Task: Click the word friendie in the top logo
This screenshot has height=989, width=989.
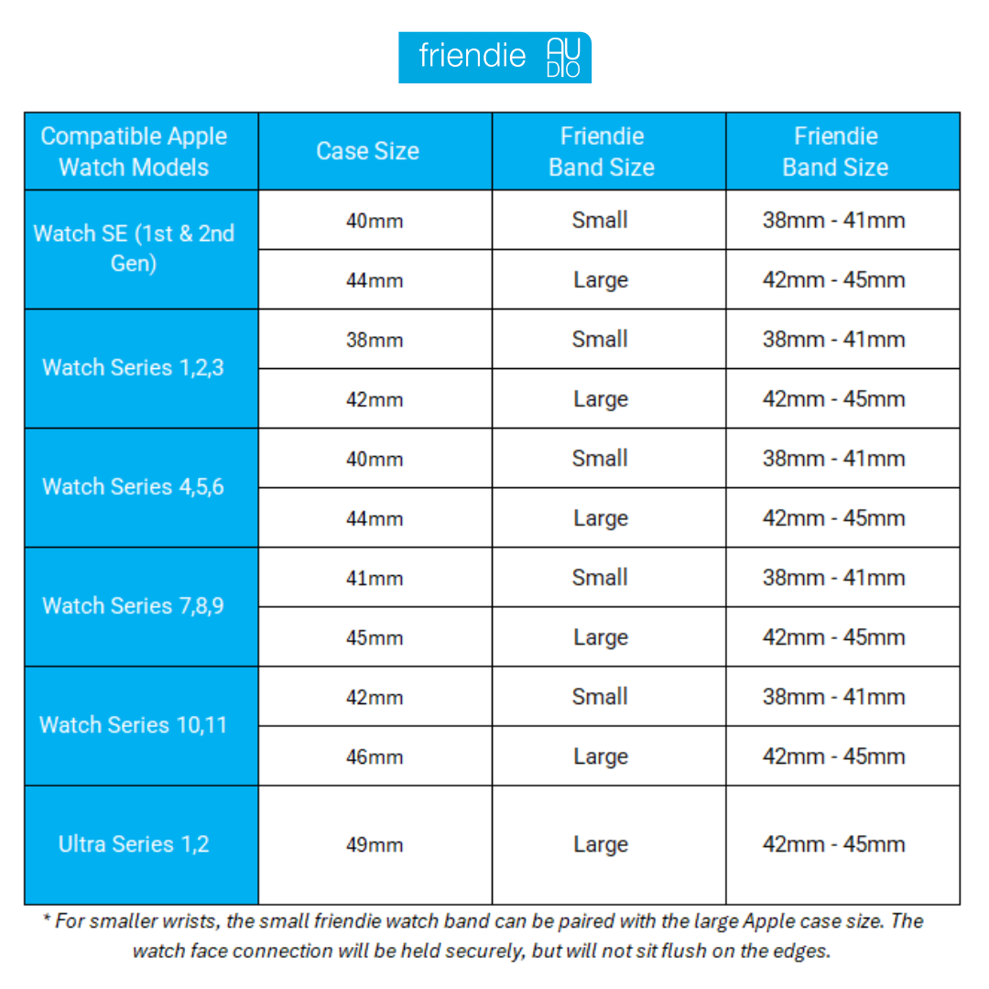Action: click(473, 57)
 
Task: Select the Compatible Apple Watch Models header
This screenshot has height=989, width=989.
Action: click(134, 151)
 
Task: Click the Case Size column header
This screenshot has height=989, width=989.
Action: click(367, 151)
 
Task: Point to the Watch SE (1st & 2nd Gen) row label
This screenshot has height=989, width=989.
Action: click(134, 248)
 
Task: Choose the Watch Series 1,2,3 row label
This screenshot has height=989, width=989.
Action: click(134, 367)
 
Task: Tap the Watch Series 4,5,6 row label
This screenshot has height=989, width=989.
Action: click(134, 486)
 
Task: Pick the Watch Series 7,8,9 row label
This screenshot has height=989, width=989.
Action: click(134, 605)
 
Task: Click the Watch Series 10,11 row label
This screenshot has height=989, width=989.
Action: click(134, 724)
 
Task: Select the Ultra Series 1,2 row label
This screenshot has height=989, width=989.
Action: click(134, 843)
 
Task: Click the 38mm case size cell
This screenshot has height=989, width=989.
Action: click(374, 340)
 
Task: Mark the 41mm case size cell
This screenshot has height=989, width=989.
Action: click(374, 578)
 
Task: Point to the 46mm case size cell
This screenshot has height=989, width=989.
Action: click(374, 756)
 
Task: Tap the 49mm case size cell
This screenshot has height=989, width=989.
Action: click(374, 844)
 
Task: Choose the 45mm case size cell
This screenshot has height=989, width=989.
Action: click(374, 637)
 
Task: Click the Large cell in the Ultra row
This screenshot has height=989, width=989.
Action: click(600, 844)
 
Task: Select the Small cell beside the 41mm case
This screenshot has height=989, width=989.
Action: click(600, 578)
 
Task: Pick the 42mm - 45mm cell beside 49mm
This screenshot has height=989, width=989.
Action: click(833, 844)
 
